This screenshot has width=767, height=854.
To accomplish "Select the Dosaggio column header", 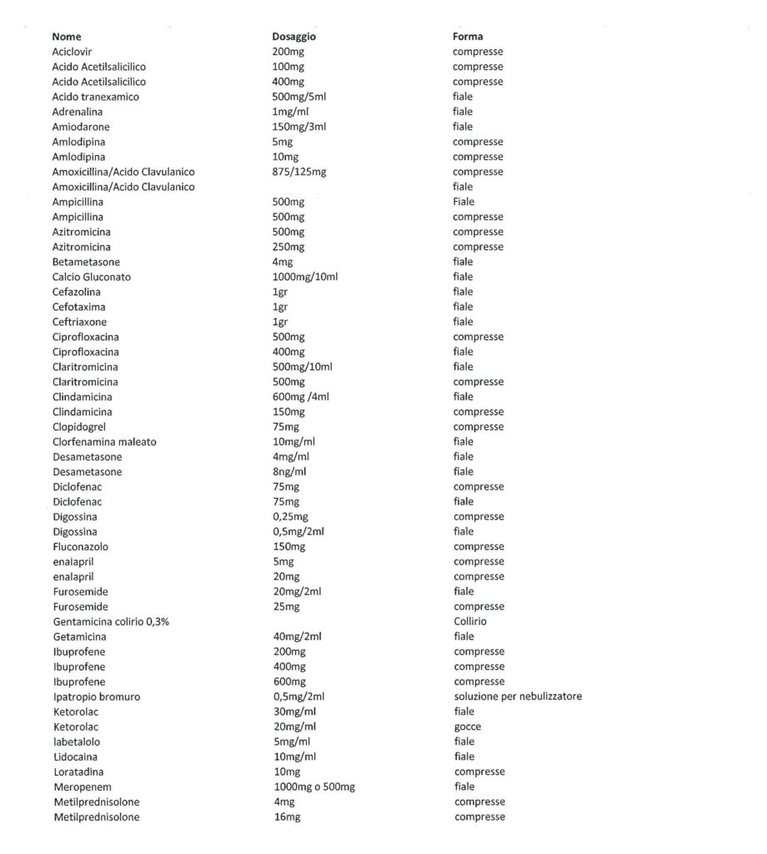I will point(293,37).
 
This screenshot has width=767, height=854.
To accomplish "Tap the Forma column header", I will point(467,37).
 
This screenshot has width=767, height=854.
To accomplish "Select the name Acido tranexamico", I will point(95,97).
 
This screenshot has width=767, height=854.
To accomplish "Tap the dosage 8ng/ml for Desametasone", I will point(289,472).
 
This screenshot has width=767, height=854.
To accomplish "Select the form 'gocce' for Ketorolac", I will point(468,727).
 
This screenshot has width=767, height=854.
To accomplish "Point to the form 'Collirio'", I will point(470,622).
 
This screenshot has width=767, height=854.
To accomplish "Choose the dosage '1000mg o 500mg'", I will point(313,787).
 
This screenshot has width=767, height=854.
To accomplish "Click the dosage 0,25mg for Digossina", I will point(291,517).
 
